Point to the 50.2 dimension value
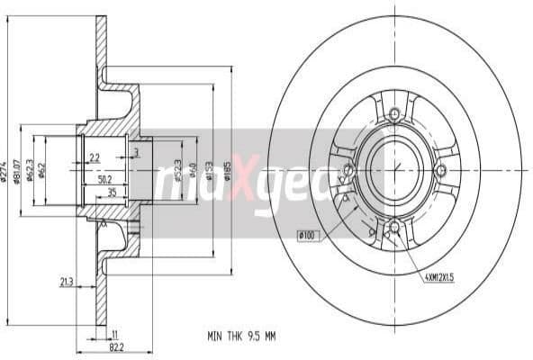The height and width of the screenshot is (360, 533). point(105,179)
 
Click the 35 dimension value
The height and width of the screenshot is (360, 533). point(112,193)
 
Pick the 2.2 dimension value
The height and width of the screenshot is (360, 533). point(95,158)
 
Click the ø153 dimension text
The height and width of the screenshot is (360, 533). point(208,168)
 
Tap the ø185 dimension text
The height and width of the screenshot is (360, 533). point(228,168)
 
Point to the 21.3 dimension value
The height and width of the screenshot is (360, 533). point(67,282)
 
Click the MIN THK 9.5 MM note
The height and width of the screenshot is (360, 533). point(240,335)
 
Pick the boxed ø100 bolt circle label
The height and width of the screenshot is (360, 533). point(309,236)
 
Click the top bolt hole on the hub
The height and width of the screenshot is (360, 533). point(393,113)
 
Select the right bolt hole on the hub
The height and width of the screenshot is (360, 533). point(439,170)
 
